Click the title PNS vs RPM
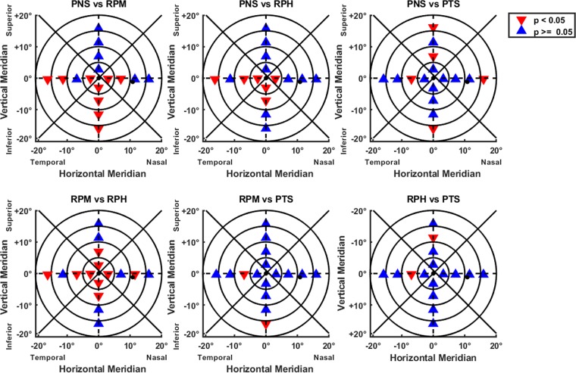click(99, 6)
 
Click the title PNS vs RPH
click(266, 6)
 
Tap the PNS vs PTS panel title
click(433, 6)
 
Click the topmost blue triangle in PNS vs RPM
click(99, 28)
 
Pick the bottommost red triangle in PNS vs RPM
click(99, 129)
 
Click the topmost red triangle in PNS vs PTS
click(433, 28)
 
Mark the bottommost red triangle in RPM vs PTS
click(266, 325)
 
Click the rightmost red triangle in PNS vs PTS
click(483, 79)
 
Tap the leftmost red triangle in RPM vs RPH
click(48, 275)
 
